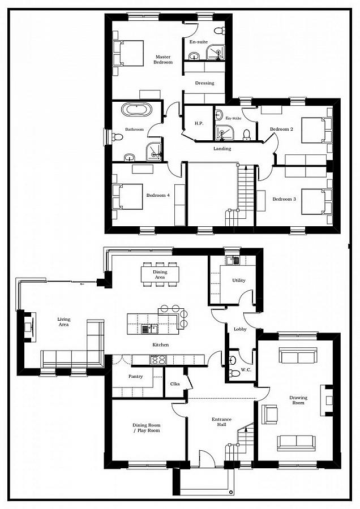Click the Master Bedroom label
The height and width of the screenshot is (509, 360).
164,59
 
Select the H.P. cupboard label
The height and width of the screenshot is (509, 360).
199,123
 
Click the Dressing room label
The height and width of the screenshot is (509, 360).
204,83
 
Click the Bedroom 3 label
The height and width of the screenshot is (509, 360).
284,199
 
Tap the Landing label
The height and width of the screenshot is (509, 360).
222,149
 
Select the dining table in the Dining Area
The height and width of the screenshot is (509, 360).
160,274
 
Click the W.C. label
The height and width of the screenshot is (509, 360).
246,370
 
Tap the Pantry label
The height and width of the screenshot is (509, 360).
135,376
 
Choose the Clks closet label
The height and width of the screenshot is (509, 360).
175,385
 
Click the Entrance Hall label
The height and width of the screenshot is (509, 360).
222,422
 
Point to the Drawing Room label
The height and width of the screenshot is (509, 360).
298,400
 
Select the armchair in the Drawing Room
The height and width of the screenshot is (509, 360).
269,414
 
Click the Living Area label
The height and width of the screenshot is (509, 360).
64,322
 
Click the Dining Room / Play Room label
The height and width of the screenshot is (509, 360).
147,428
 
